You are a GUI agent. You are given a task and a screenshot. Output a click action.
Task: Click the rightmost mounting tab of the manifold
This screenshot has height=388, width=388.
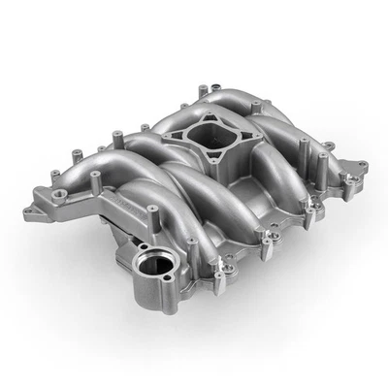(x=361, y=166)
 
